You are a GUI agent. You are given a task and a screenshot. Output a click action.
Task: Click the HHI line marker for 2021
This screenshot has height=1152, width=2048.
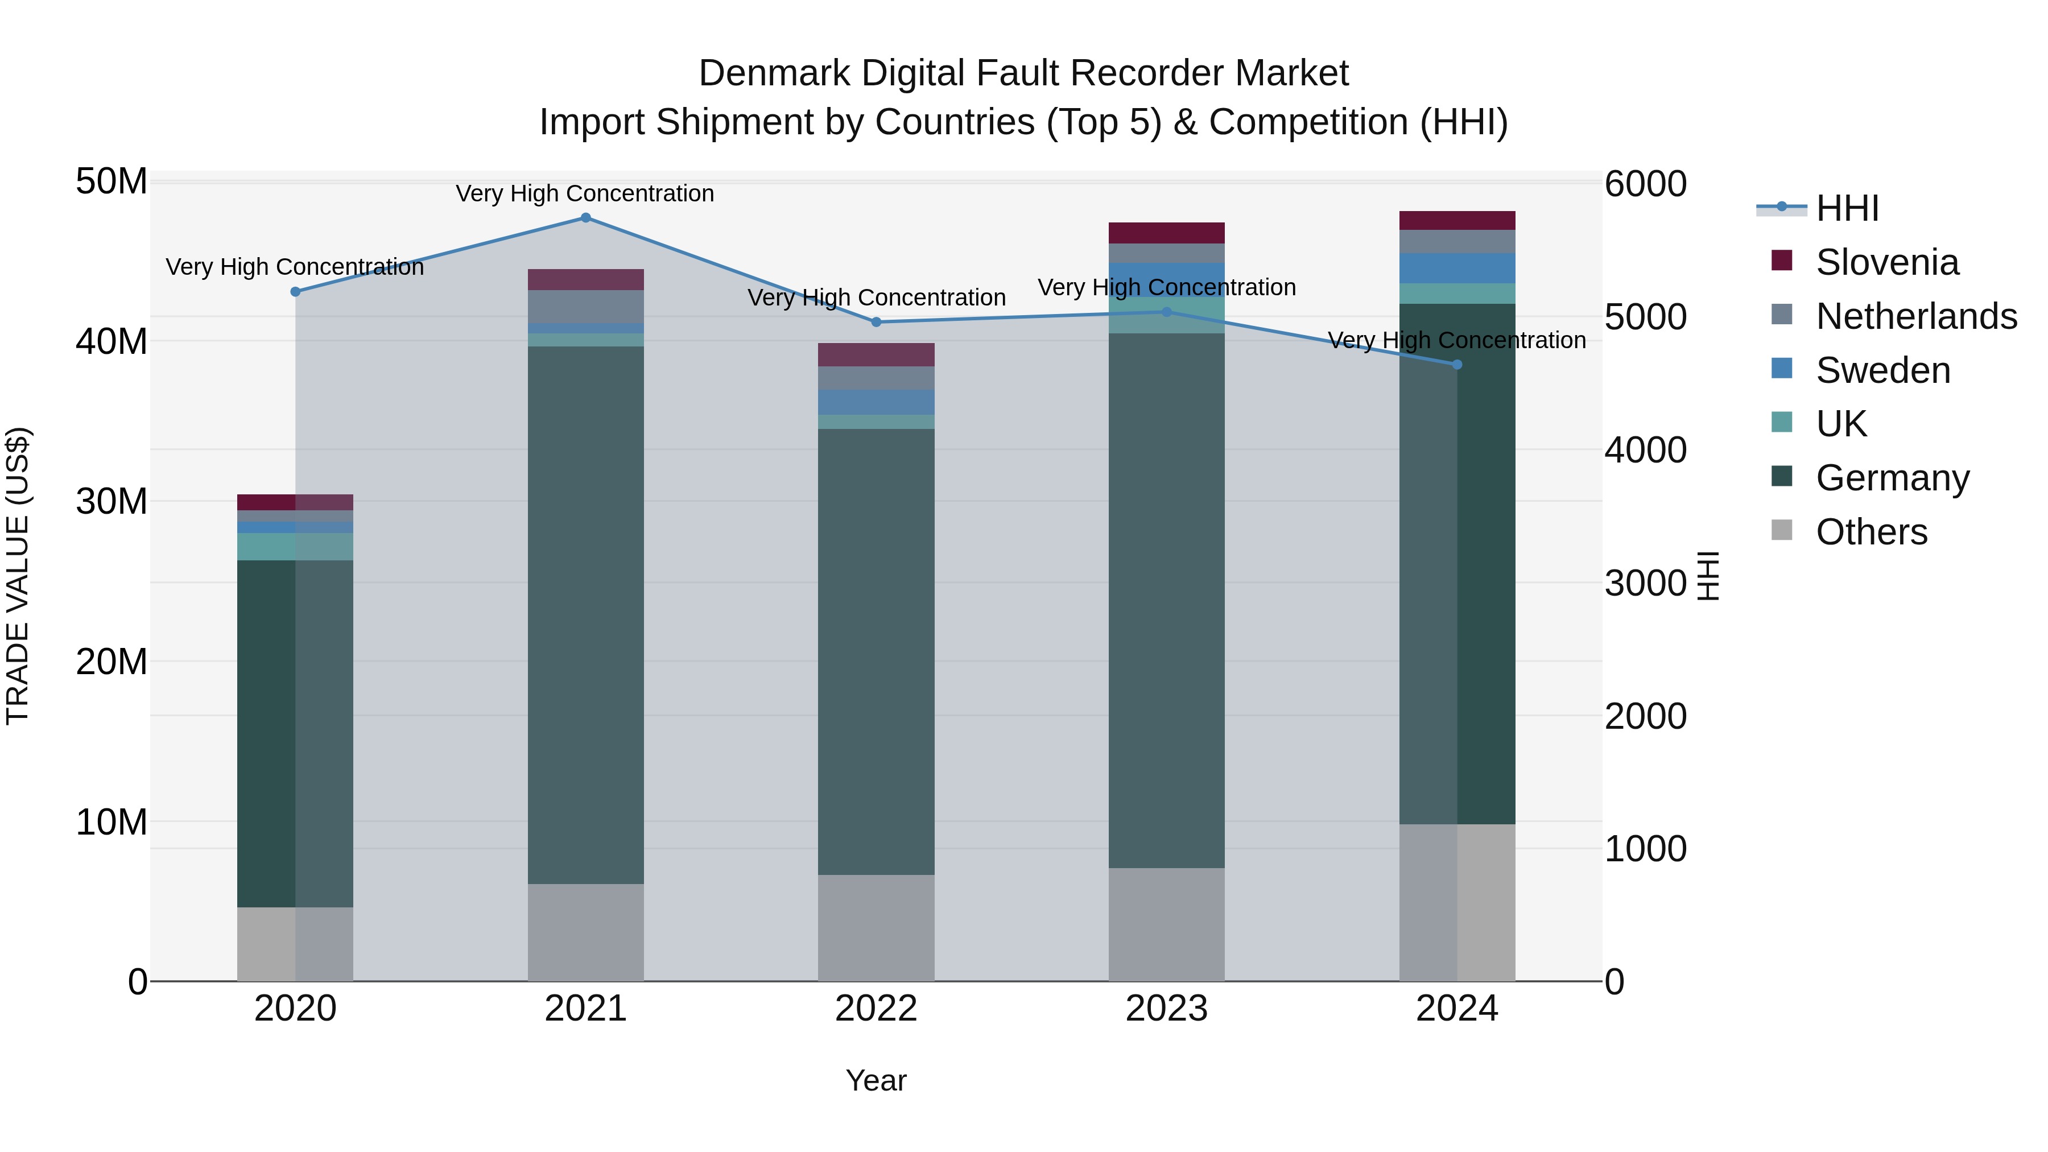coord(585,218)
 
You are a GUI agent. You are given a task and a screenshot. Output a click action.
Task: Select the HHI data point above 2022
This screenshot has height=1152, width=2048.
coord(876,322)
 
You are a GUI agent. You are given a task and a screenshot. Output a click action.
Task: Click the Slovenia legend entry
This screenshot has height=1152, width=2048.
coord(1886,262)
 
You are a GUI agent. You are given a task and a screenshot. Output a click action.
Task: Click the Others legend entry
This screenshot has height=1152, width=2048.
coord(1871,532)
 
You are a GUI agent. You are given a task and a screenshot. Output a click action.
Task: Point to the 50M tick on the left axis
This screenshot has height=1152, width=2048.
coord(112,182)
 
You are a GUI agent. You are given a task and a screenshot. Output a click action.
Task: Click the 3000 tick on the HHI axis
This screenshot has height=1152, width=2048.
coord(1645,584)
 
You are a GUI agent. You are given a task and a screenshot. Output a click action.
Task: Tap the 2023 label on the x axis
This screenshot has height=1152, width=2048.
coord(1166,1009)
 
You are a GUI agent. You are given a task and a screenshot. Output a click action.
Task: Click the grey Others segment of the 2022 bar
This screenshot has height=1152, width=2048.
coord(876,927)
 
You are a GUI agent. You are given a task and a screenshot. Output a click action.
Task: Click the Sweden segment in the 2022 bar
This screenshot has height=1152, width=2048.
coord(876,402)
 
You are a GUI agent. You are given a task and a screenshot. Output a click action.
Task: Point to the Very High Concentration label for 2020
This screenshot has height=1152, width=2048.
coord(294,267)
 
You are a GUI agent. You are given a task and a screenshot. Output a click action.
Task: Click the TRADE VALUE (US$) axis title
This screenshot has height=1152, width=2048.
coord(18,576)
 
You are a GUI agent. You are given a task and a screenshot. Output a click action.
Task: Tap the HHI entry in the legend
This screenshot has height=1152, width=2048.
coord(1846,208)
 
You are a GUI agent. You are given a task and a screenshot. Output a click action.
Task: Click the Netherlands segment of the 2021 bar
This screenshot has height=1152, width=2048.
coord(585,306)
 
